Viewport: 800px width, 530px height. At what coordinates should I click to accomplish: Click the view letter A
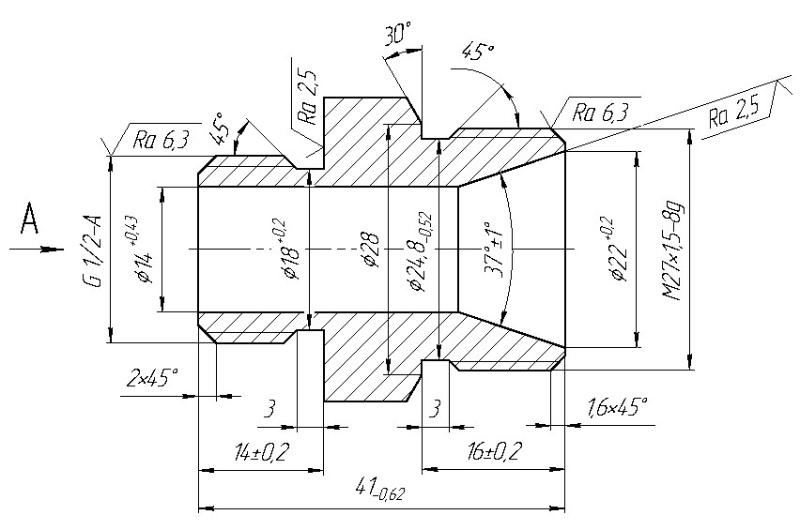[x=30, y=219]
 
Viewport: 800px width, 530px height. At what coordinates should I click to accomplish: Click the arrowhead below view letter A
[x=54, y=250]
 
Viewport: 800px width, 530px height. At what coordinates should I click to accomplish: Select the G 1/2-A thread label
[x=93, y=250]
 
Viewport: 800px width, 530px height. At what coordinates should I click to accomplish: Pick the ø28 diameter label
[x=371, y=250]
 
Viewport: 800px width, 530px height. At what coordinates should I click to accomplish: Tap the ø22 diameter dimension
[x=613, y=250]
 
